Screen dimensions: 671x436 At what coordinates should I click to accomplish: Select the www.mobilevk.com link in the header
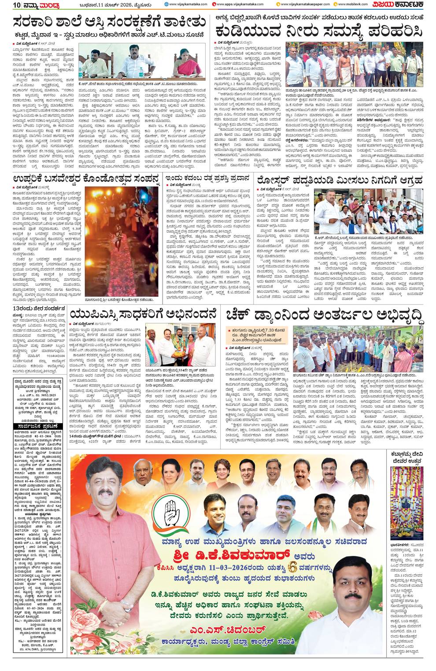[x=351, y=4]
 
